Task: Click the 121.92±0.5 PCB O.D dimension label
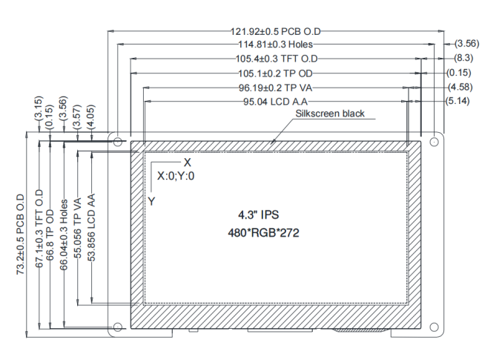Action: (276, 32)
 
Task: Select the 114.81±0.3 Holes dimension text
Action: (276, 45)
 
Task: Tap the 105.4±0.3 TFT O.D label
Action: (276, 59)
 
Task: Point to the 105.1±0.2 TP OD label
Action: (276, 73)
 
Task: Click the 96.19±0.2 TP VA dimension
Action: (276, 87)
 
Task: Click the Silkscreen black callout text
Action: (330, 114)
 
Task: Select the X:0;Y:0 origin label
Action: (176, 177)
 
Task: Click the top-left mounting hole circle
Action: (117, 140)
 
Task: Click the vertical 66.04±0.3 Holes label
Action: (65, 235)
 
